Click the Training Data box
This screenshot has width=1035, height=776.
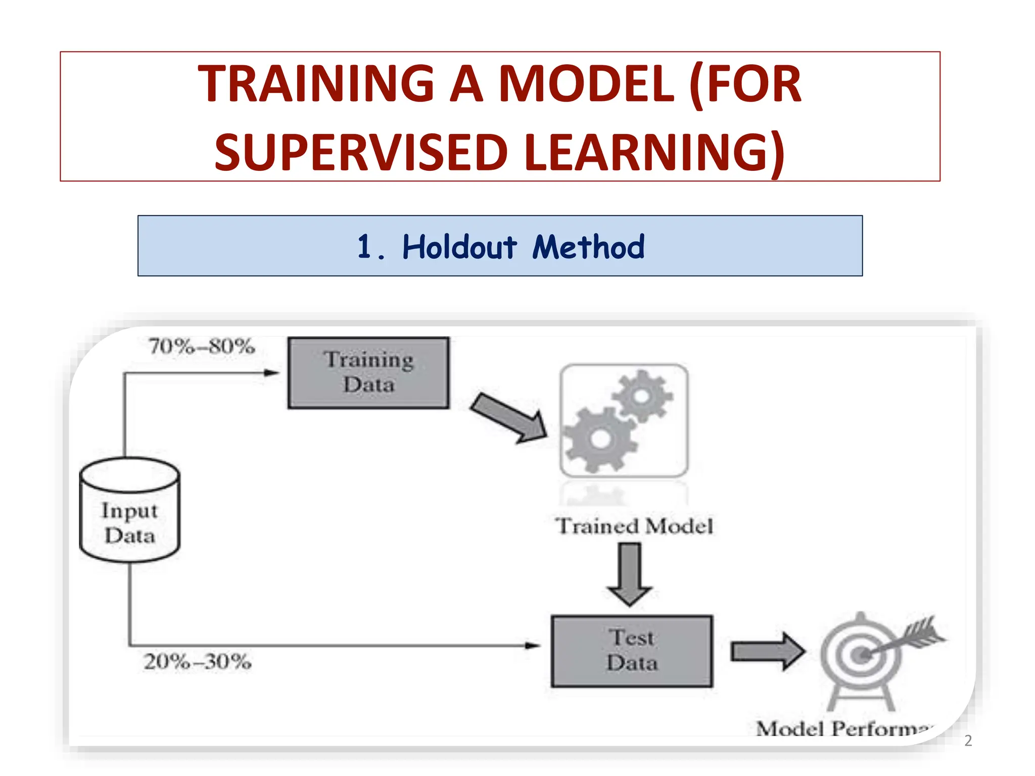point(368,373)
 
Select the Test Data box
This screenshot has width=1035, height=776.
point(632,651)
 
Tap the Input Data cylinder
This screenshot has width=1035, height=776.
point(130,510)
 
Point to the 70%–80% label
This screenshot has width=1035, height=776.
point(202,347)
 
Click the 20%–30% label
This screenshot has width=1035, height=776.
point(198,662)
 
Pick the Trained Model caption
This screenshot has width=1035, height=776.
point(634,526)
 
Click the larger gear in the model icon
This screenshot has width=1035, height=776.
point(600,439)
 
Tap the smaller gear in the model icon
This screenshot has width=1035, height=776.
point(642,396)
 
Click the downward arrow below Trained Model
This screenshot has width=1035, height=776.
point(630,573)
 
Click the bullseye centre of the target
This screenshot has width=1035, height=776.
point(861,656)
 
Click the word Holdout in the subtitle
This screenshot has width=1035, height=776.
point(459,247)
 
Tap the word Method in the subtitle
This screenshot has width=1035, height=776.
point(588,247)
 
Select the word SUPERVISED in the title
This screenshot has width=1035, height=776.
point(361,152)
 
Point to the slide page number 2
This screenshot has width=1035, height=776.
point(968,741)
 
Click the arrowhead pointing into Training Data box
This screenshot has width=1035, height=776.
point(272,373)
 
